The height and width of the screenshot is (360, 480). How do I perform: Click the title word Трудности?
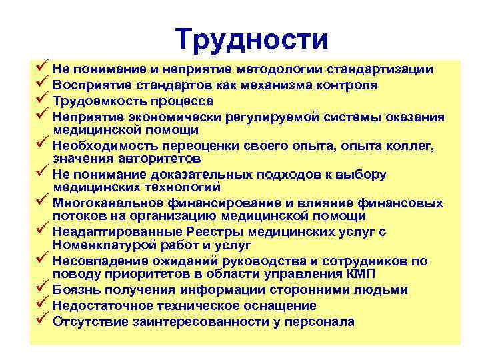pyautogui.click(x=253, y=40)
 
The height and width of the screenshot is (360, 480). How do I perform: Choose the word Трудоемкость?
pyautogui.click(x=96, y=101)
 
